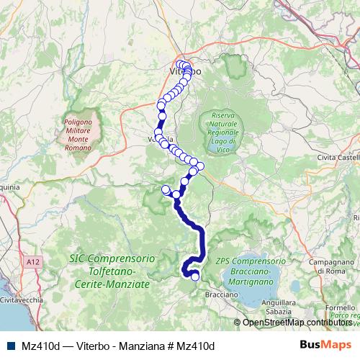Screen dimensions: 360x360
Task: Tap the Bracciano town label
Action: pyautogui.click(x=221, y=295)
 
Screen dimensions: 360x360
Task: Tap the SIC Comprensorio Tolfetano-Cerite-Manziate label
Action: pyautogui.click(x=109, y=271)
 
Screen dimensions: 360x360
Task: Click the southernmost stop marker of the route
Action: pyautogui.click(x=195, y=276)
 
